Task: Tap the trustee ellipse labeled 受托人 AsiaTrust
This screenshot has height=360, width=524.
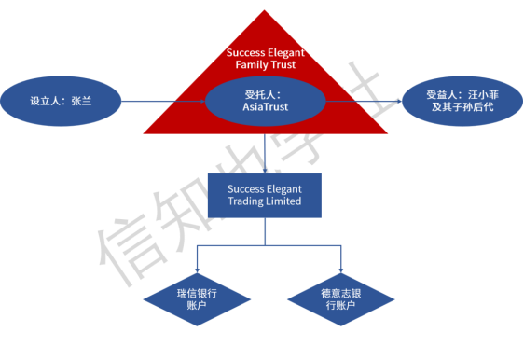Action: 265,101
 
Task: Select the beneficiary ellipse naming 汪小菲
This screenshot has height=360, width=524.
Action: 462,101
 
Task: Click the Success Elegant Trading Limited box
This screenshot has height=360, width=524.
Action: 265,195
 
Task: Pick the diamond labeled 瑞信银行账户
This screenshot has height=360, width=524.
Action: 197,298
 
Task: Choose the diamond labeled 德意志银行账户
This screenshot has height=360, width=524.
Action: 340,298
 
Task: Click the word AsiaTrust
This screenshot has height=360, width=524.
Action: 265,108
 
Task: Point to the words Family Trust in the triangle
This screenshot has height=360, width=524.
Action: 265,66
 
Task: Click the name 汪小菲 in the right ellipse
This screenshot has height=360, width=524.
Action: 480,94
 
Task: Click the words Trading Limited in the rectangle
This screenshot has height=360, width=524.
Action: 265,201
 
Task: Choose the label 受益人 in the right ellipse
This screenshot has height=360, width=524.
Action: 441,94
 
